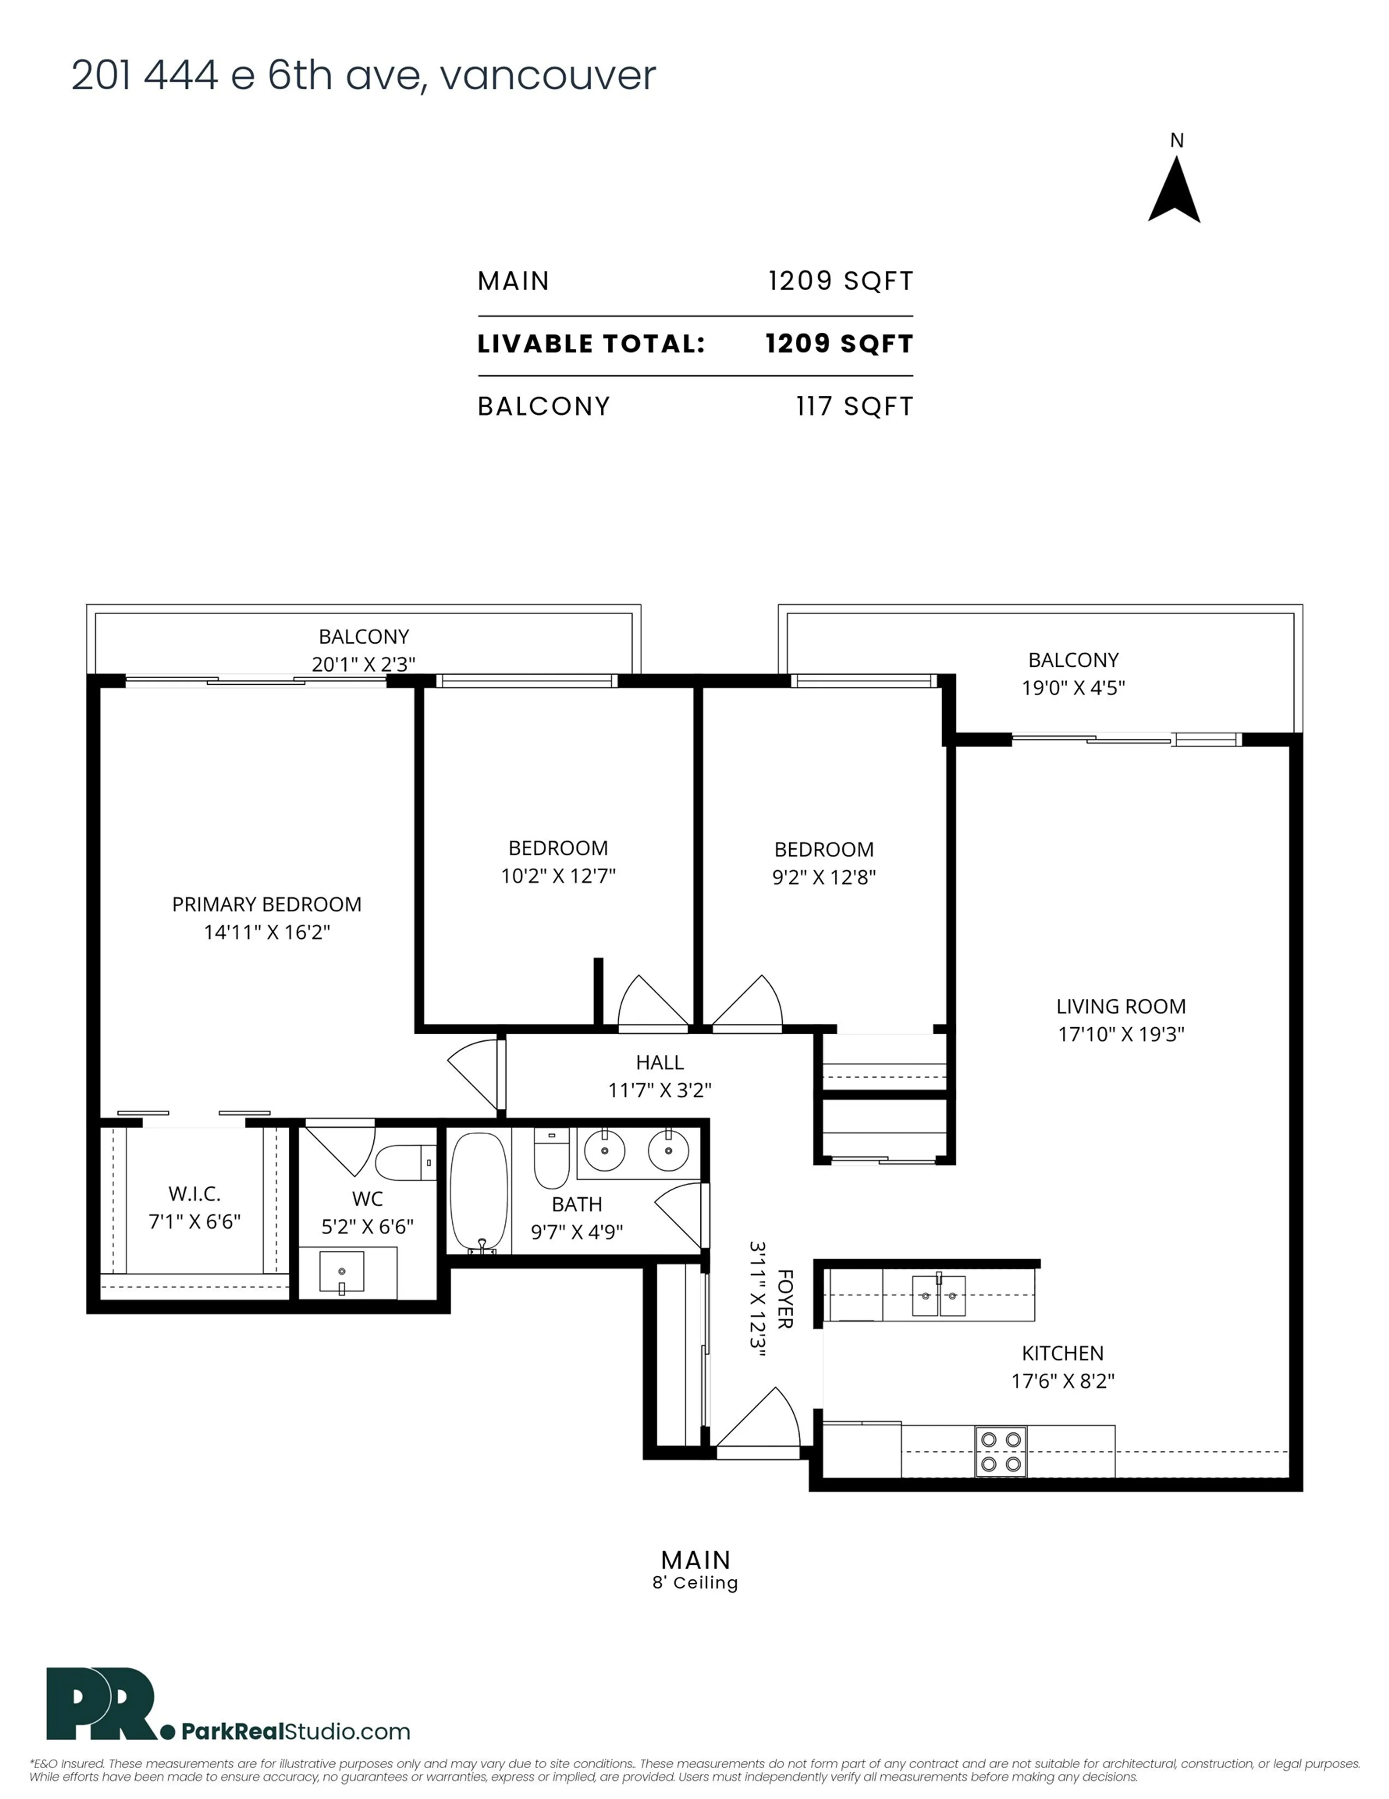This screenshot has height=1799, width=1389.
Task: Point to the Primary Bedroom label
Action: pyautogui.click(x=266, y=905)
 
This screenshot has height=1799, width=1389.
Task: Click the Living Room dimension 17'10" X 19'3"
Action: pyautogui.click(x=1121, y=1034)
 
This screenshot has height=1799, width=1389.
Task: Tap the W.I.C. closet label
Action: pyautogui.click(x=194, y=1193)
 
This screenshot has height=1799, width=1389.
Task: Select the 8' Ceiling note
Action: pyautogui.click(x=695, y=1583)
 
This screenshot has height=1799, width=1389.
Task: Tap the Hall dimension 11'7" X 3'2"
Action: pyautogui.click(x=659, y=1090)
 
